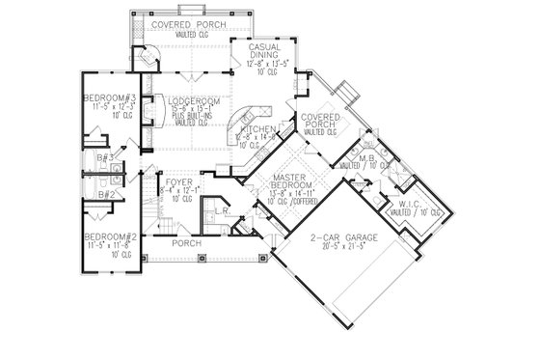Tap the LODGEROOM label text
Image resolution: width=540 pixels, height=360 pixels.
pyautogui.click(x=189, y=100)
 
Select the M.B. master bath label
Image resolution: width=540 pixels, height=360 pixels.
pyautogui.click(x=366, y=158)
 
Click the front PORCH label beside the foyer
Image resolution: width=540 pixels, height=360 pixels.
pyautogui.click(x=184, y=244)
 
